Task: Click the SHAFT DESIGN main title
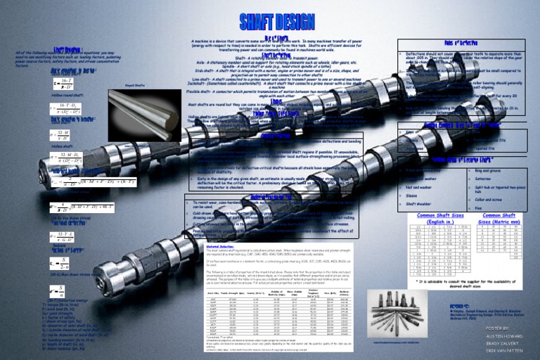pos(269,22)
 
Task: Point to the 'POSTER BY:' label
pos(496,328)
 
